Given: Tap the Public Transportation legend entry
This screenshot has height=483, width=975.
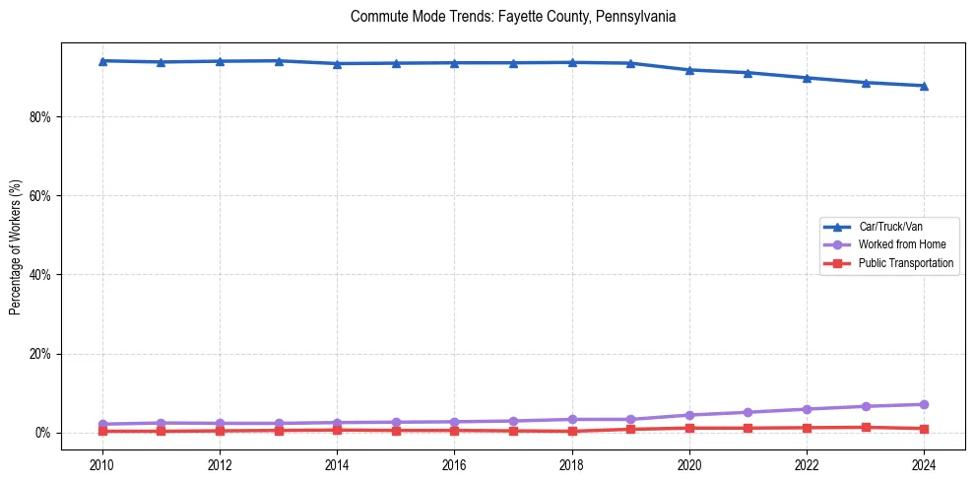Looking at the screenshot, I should (x=905, y=263).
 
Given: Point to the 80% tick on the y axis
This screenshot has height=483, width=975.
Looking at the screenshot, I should (x=41, y=116).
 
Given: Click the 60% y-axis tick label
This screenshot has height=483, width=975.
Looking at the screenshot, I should (x=41, y=195).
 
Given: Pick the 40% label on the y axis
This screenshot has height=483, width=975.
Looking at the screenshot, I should (x=41, y=275).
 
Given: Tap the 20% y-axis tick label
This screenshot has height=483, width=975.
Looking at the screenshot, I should (x=41, y=354).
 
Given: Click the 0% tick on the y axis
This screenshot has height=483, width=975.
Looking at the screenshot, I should (x=44, y=433).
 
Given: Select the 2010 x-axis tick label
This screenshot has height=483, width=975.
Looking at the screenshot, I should (x=102, y=463).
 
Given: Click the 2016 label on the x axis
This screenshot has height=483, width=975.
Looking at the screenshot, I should (x=454, y=463).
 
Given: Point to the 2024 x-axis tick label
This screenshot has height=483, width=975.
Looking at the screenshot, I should (x=924, y=463).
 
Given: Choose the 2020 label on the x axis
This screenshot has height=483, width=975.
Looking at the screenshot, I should (x=689, y=463).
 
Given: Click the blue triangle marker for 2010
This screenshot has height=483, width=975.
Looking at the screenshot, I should (x=102, y=61).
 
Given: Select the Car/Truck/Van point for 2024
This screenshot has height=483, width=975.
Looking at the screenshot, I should (x=924, y=86).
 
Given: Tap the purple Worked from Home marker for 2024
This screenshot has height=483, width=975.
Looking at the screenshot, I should (x=924, y=404).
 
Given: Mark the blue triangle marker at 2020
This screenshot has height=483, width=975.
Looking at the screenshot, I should (x=689, y=70).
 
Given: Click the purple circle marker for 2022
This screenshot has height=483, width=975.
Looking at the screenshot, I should (x=807, y=409).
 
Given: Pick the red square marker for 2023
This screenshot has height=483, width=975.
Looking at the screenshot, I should (x=866, y=427).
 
